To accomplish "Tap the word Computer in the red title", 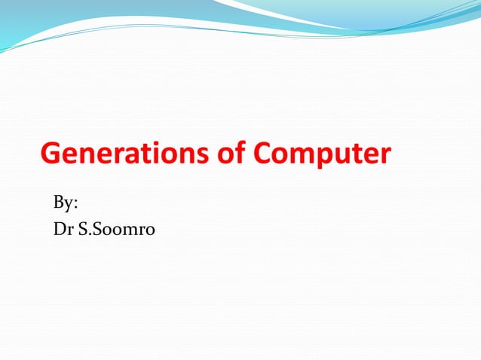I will tap(322, 155).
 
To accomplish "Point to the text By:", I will tap(66, 203).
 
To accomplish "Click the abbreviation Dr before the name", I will tap(63, 229).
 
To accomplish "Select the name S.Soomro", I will tap(116, 229).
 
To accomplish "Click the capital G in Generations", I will tap(51, 154).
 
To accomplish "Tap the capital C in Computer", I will tap(262, 154).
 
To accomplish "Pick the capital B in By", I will tap(59, 203).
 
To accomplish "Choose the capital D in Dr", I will tap(59, 229).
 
